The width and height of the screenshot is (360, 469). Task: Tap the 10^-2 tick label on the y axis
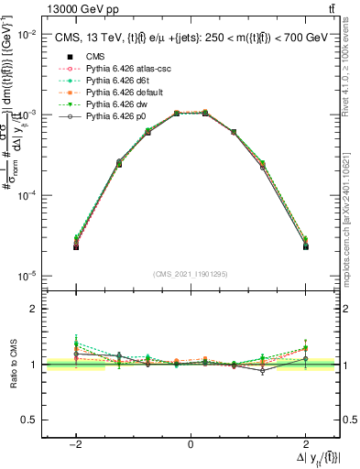click(x=26, y=34)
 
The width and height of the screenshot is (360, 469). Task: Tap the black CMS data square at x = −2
click(x=77, y=246)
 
